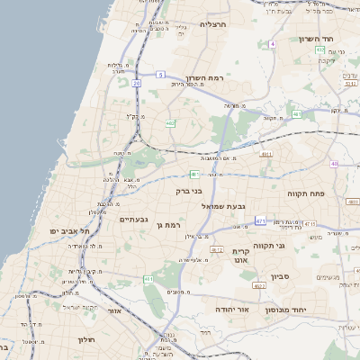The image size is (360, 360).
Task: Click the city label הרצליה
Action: tap(216, 24)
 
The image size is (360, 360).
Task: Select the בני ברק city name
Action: tap(189, 191)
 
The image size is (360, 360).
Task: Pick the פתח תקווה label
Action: tap(305, 193)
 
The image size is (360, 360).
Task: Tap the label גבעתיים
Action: tap(133, 220)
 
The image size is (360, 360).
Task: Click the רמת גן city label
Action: tap(168, 225)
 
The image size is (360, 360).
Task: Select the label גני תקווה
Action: tap(269, 245)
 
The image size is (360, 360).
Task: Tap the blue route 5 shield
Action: tap(160, 74)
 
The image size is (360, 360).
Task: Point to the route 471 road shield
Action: tap(260, 220)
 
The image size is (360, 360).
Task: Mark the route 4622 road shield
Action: tap(259, 286)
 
